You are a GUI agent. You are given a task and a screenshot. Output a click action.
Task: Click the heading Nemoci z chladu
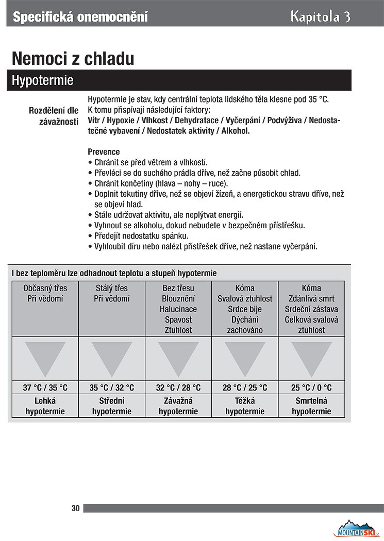(x=73, y=58)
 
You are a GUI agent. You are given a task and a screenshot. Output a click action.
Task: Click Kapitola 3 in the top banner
(x=320, y=16)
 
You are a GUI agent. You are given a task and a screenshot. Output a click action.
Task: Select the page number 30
(x=76, y=508)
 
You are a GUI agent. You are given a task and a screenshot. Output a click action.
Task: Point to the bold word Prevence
(x=104, y=152)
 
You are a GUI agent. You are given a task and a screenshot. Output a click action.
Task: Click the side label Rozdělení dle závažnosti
(x=54, y=116)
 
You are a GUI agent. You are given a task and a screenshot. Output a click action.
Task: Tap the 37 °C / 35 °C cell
(x=45, y=387)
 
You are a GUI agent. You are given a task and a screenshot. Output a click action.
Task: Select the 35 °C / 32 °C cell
(x=112, y=387)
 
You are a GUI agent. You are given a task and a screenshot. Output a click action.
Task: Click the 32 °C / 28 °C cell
(x=178, y=387)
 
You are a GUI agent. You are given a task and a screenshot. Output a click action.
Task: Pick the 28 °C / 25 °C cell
(x=245, y=387)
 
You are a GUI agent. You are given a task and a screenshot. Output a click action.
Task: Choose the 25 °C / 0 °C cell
(x=311, y=387)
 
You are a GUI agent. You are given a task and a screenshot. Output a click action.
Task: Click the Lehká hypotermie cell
(x=45, y=405)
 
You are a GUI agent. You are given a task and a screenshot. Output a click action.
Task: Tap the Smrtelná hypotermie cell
(x=311, y=405)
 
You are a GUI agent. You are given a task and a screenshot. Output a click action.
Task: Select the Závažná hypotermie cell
(x=178, y=405)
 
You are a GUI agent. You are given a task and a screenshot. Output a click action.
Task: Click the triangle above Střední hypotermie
(x=112, y=357)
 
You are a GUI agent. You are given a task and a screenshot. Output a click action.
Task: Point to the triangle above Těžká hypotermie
(x=245, y=357)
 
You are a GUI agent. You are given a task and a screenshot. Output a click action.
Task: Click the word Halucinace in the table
(x=178, y=309)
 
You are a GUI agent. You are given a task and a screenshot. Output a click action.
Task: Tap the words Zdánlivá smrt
(x=311, y=299)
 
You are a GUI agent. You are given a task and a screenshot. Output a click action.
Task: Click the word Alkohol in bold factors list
(x=235, y=131)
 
